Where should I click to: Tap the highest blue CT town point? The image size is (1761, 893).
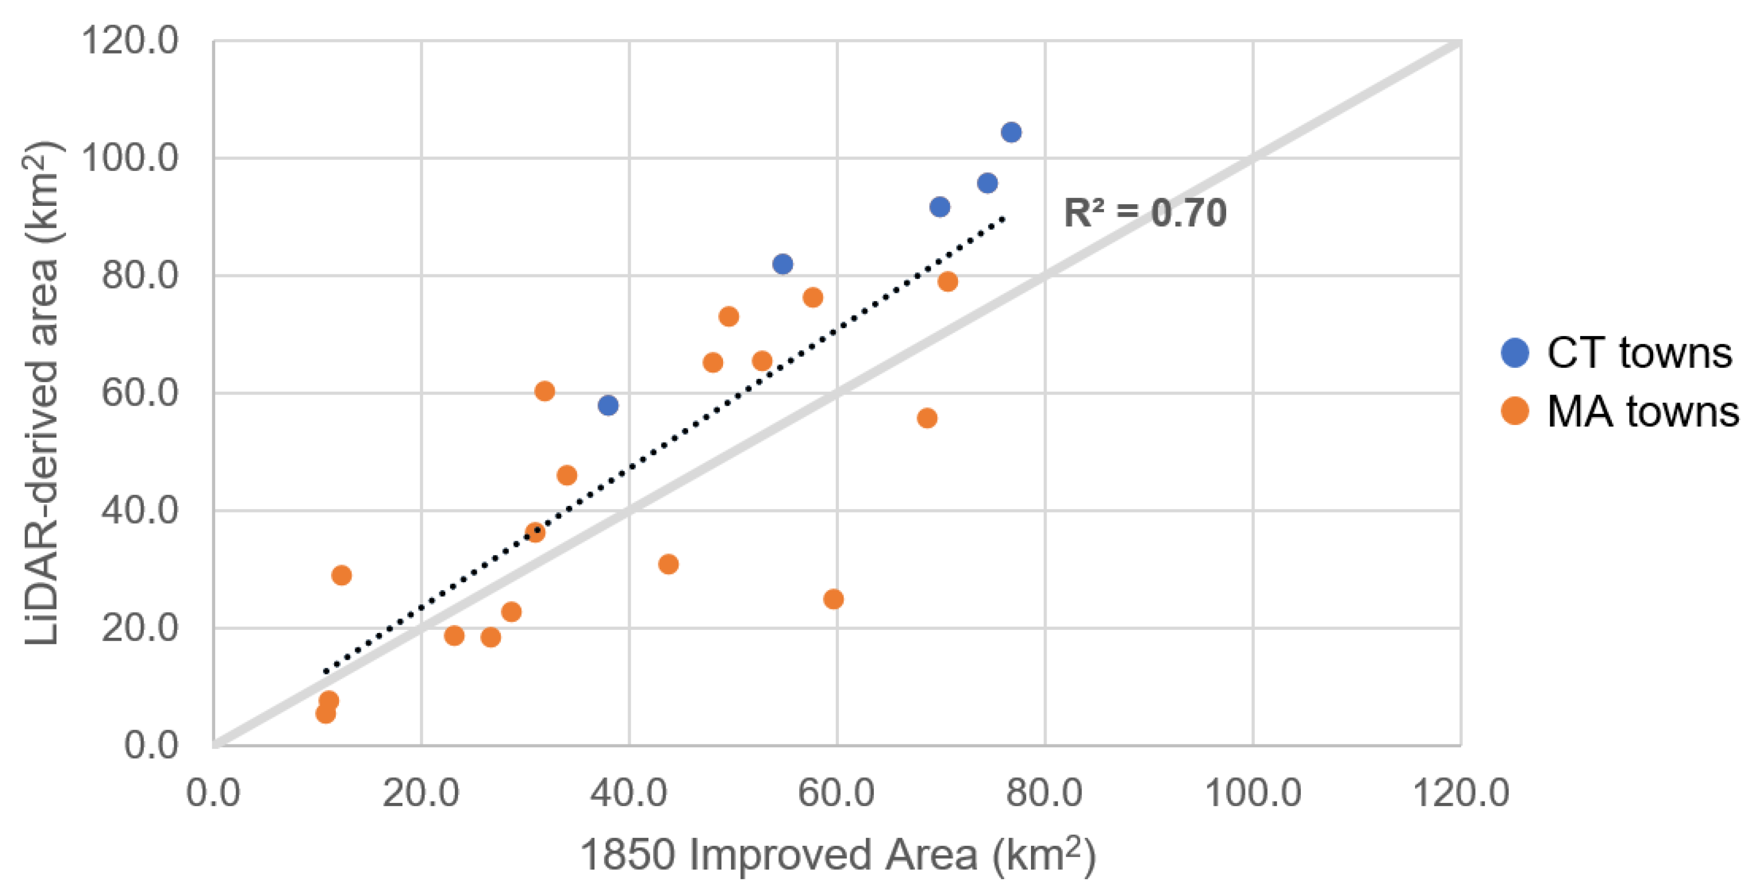point(1011,132)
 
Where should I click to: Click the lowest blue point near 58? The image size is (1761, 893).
point(608,405)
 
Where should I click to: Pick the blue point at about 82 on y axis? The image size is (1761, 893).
point(783,264)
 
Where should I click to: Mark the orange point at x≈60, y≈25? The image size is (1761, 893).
point(834,599)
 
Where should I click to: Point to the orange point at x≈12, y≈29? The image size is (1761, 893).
point(341,575)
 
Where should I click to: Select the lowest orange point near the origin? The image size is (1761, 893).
point(326,714)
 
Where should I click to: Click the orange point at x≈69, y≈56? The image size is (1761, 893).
point(927,418)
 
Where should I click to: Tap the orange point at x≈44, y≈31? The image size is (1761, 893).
point(668,564)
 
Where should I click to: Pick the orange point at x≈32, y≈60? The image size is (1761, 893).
point(544,391)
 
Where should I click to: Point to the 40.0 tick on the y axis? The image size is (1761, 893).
point(139,510)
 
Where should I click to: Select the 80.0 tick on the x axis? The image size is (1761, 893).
point(1044,793)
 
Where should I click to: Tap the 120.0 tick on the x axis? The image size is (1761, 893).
point(1460,793)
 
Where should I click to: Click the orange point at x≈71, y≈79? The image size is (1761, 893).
point(947,281)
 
